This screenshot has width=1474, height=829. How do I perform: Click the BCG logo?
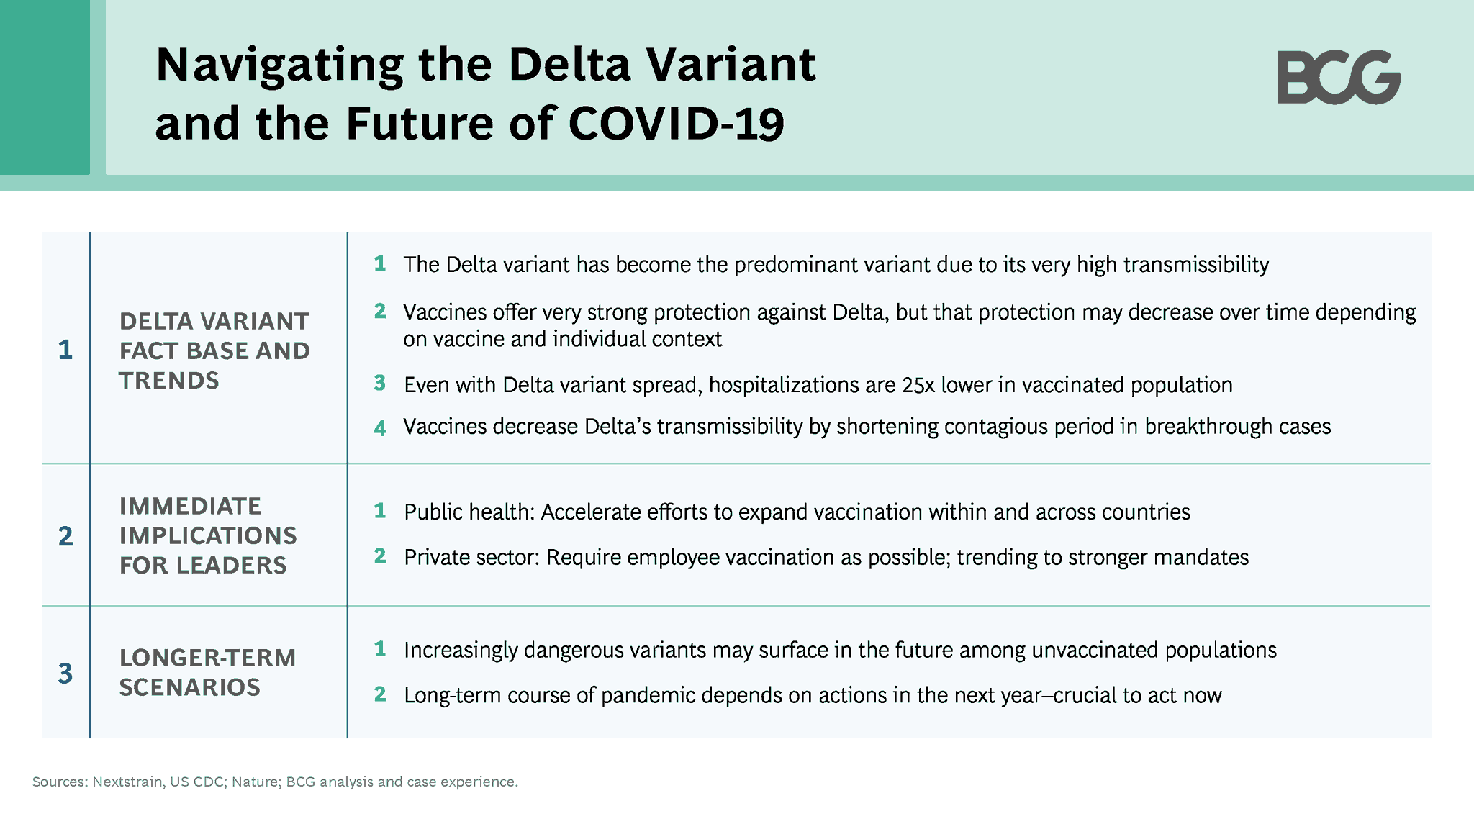tap(1338, 77)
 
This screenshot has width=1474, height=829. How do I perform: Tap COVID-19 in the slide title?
tap(676, 124)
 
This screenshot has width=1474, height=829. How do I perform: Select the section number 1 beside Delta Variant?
tap(65, 350)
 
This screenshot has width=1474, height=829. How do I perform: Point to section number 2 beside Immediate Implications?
tap(65, 536)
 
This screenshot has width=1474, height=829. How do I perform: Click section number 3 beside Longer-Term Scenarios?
tap(65, 674)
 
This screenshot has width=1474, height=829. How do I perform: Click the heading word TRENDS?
tap(169, 381)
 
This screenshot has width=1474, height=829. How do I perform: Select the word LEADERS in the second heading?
tap(232, 566)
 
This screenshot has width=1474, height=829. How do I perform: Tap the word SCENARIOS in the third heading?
tap(190, 687)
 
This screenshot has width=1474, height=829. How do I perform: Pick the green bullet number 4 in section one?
tap(380, 428)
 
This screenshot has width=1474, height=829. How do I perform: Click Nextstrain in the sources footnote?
tap(127, 782)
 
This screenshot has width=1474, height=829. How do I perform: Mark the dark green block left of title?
tap(45, 86)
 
